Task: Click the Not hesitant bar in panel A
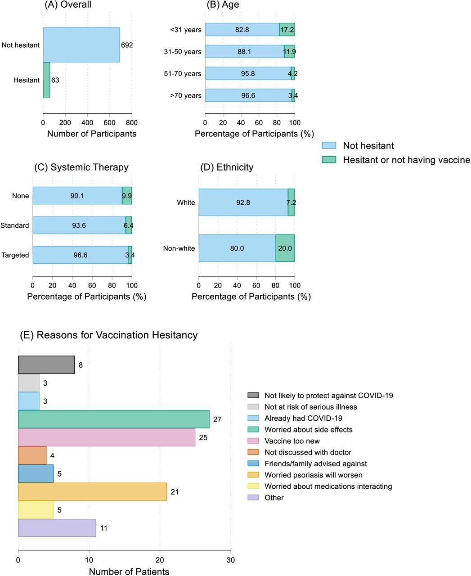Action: pyautogui.click(x=81, y=45)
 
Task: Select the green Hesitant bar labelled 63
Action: pyautogui.click(x=46, y=80)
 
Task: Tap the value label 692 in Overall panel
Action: pyautogui.click(x=127, y=45)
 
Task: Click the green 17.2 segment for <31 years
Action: pyautogui.click(x=287, y=30)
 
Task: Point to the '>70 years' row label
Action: pyautogui.click(x=186, y=95)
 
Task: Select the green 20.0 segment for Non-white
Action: pyautogui.click(x=285, y=248)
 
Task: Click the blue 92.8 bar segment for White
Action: pyautogui.click(x=243, y=202)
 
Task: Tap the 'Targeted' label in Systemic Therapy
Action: pyautogui.click(x=15, y=255)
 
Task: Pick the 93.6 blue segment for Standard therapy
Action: pyautogui.click(x=79, y=225)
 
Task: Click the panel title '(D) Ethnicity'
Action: pyautogui.click(x=227, y=167)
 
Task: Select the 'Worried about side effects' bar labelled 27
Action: pyautogui.click(x=113, y=419)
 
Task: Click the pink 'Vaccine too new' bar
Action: pyautogui.click(x=107, y=437)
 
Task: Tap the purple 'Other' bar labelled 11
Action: pyautogui.click(x=57, y=528)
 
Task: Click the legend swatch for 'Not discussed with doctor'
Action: pyautogui.click(x=253, y=452)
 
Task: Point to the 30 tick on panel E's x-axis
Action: pyautogui.click(x=230, y=560)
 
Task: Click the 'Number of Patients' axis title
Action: pyautogui.click(x=129, y=571)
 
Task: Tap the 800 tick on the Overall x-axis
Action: pyautogui.click(x=131, y=122)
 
